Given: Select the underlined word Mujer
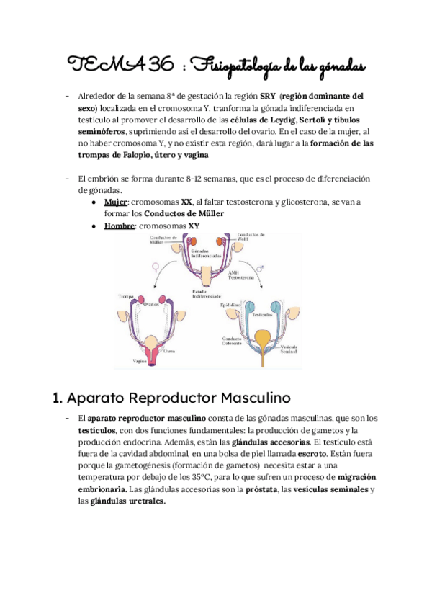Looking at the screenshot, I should [115, 203].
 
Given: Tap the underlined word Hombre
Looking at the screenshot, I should [119, 226].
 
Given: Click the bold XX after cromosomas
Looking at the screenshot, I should [186, 203].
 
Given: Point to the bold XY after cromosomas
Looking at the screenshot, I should [194, 226].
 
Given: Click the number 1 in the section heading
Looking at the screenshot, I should [57, 396].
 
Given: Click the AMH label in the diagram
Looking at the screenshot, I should [233, 272].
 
